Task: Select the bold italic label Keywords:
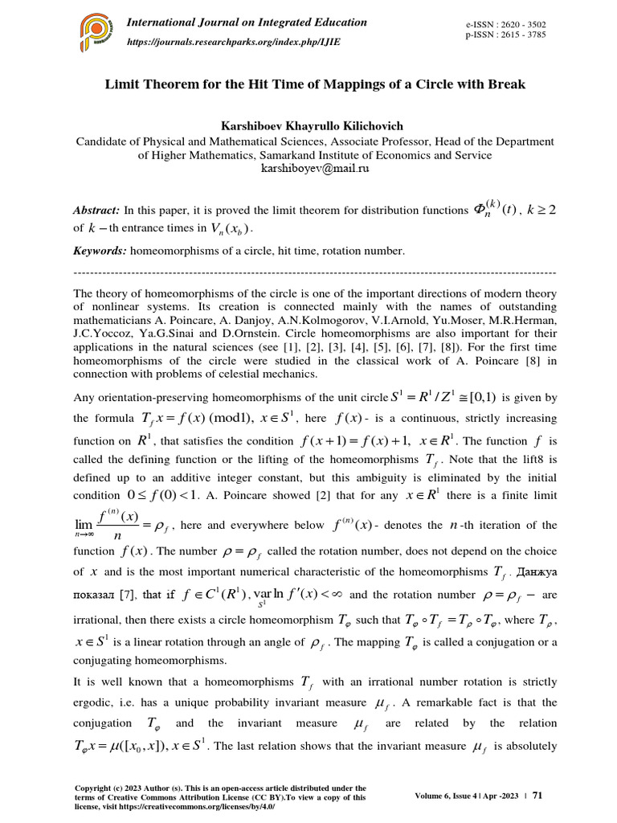100,251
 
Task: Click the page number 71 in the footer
538,796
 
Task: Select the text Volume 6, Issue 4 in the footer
447,796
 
